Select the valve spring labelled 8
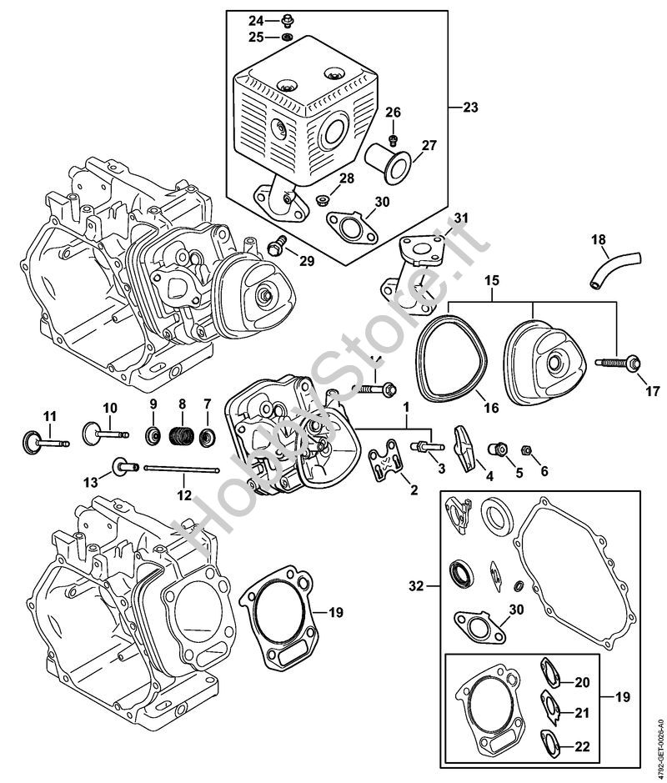click(181, 435)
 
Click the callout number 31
click(461, 219)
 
